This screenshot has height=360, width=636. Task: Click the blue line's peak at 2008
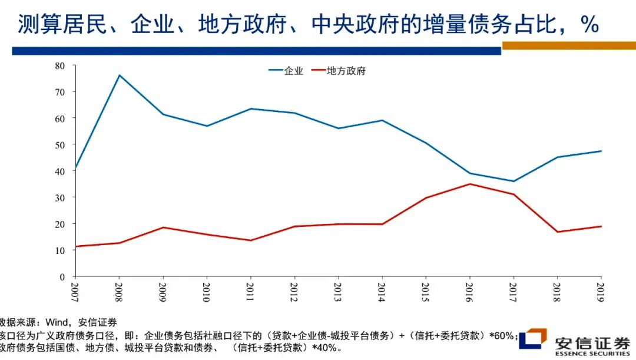tap(120, 75)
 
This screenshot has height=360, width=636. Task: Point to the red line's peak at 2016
tap(469, 184)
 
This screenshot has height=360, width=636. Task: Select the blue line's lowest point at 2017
tap(513, 181)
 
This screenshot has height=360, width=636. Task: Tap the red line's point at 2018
tap(557, 232)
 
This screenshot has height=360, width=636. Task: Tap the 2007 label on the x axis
tap(75, 292)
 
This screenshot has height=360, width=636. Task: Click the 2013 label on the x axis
tap(338, 292)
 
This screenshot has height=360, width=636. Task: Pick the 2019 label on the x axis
tap(601, 292)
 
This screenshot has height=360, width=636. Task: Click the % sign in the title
tap(589, 25)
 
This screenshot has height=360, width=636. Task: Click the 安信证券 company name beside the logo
tap(592, 344)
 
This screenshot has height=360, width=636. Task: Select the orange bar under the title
tap(568, 45)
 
